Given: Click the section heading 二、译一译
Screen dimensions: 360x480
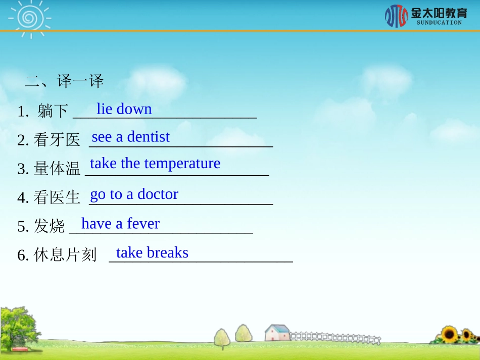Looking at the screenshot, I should pos(64,81).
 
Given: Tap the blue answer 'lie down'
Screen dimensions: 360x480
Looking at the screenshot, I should pos(124,109).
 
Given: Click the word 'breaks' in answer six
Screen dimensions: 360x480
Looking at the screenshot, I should pos(167,252).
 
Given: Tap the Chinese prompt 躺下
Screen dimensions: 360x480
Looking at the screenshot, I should pos(53,111).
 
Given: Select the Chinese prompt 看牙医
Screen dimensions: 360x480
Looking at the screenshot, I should pos(57,140).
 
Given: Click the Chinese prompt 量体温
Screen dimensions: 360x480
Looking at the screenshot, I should pos(57,169).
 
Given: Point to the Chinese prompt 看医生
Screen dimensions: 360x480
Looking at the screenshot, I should pos(57,197).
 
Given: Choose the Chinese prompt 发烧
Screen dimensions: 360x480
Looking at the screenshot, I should pos(49,226).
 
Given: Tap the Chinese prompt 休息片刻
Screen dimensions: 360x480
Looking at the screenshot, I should pos(65,255).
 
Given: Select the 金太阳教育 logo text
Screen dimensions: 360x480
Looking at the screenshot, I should pos(439,13).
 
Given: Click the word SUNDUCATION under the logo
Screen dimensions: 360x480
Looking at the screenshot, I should pos(439,23).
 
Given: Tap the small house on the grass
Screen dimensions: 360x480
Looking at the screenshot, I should pos(277,333).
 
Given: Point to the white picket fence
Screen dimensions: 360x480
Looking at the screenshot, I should pos(333,337).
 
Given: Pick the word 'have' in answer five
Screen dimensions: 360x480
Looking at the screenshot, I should pos(97,224).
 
